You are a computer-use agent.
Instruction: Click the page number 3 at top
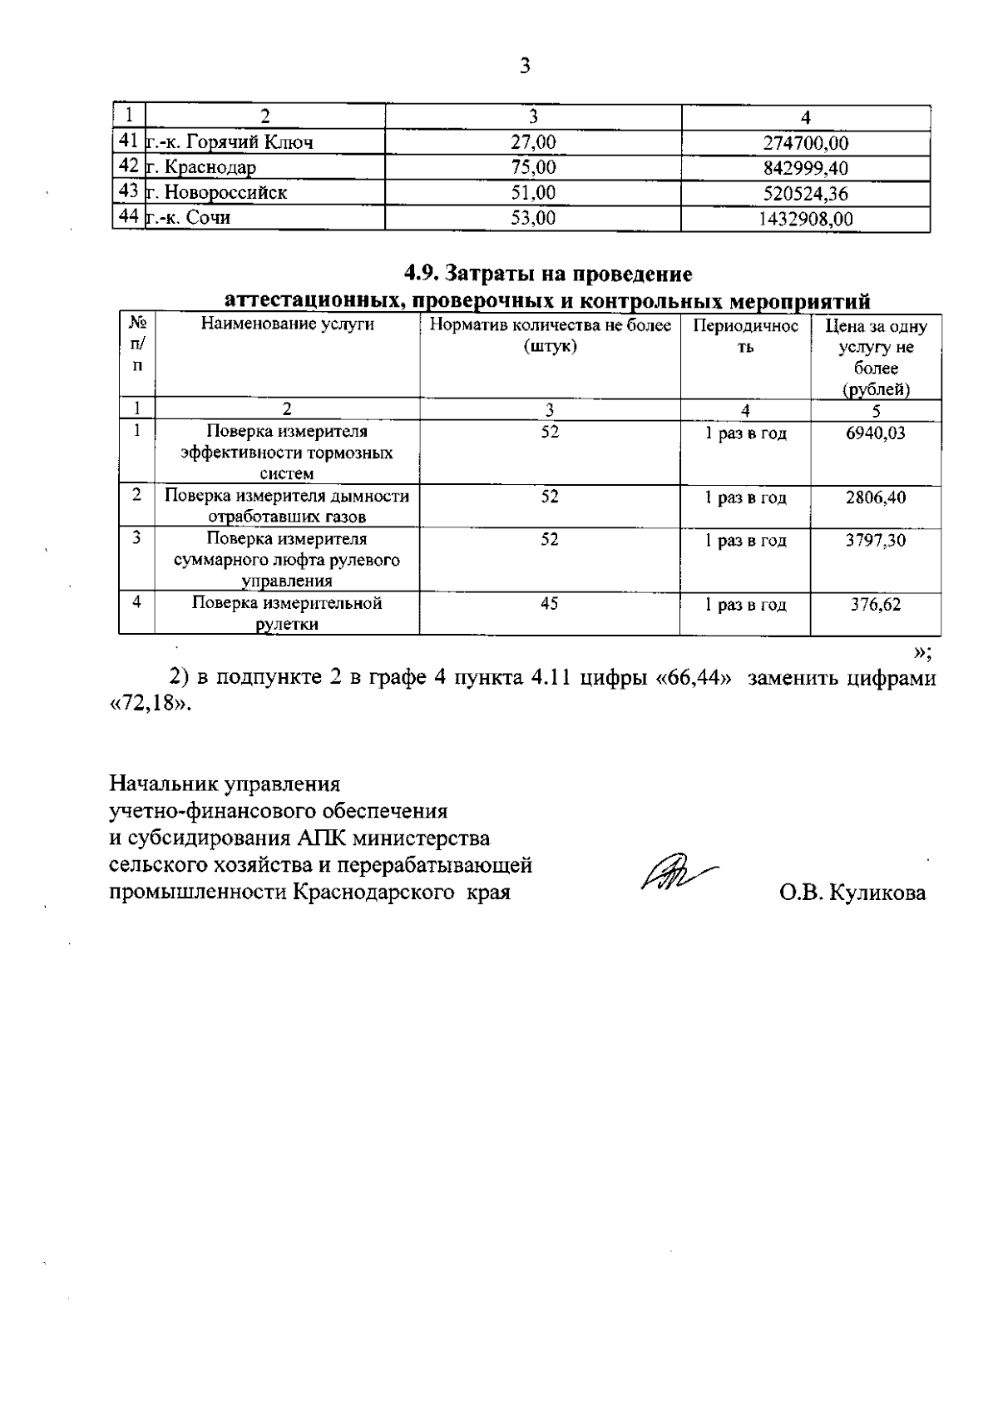(524, 66)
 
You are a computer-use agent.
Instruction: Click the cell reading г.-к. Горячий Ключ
(230, 142)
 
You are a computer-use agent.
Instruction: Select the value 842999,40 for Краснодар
(805, 168)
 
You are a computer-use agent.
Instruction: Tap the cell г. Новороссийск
(217, 193)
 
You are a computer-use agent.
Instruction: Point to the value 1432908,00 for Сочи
(805, 219)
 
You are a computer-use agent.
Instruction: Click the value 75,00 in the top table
(533, 167)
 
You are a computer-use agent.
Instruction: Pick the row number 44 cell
(128, 217)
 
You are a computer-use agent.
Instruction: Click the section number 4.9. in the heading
(424, 274)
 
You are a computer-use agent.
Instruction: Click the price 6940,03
(876, 433)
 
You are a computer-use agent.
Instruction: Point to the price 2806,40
(876, 497)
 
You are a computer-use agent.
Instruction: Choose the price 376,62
(876, 604)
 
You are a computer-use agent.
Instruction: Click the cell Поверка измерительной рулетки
(287, 613)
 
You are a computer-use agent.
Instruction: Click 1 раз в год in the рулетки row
(745, 605)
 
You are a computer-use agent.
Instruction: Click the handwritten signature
(675, 873)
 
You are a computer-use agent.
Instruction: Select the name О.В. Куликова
(852, 893)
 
